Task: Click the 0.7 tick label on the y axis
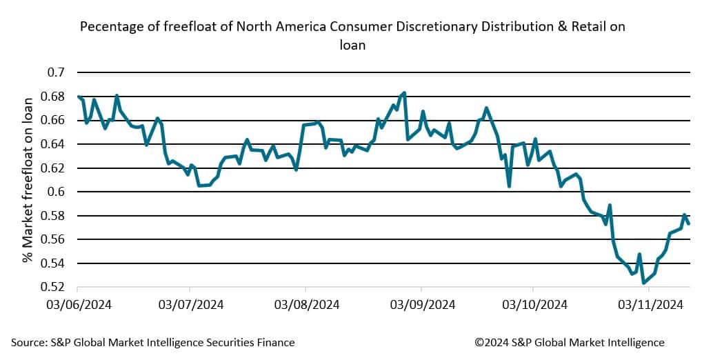coord(56,72)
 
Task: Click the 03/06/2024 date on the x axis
coord(78,303)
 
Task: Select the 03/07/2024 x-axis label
coord(191,303)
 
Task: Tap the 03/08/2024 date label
coord(306,303)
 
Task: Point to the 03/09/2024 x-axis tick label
coord(421,303)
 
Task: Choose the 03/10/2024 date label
coord(534,303)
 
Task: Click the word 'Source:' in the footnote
coord(30,342)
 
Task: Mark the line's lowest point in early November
coord(643,283)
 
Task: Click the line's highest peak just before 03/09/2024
coord(404,92)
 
